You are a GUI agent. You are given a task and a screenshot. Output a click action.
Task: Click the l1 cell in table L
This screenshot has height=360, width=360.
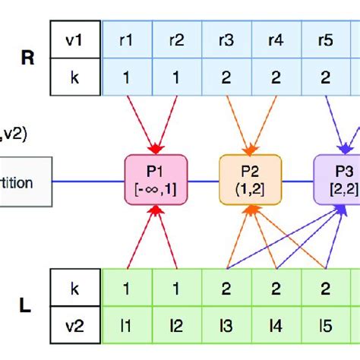[x=127, y=328]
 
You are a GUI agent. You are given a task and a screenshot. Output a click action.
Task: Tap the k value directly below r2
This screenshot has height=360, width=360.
[x=177, y=78]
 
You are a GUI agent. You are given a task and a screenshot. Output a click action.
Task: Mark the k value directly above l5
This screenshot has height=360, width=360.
[x=327, y=289]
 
